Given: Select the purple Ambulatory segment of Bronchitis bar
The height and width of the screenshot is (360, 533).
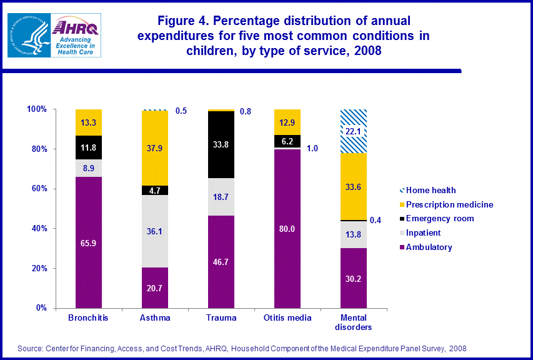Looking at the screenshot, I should [88, 242].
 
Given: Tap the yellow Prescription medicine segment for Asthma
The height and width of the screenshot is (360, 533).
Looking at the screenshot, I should [155, 148].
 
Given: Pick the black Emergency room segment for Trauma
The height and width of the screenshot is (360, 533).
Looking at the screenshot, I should [221, 144].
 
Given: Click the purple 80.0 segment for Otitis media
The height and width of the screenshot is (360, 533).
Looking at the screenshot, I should [287, 229].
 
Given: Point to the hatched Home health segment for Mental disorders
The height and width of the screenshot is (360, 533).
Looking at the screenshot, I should [354, 131].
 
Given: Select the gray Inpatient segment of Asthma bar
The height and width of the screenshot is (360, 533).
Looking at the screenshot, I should [155, 231].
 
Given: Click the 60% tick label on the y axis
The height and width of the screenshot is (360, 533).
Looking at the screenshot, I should [37, 189].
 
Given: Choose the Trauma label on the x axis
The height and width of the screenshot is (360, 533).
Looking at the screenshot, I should [221, 317].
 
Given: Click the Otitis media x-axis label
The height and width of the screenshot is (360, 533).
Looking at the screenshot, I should [287, 317].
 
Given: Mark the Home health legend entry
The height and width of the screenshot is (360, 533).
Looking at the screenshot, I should [431, 190].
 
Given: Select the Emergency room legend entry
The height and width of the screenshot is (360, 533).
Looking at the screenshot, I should [439, 219].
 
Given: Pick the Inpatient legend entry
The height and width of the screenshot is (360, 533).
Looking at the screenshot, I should [424, 233].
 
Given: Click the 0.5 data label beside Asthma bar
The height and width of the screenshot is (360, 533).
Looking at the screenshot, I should [181, 111].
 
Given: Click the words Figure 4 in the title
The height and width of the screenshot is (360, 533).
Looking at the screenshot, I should [186, 22].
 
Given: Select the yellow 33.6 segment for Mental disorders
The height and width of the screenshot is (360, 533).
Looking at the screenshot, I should [354, 187].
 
